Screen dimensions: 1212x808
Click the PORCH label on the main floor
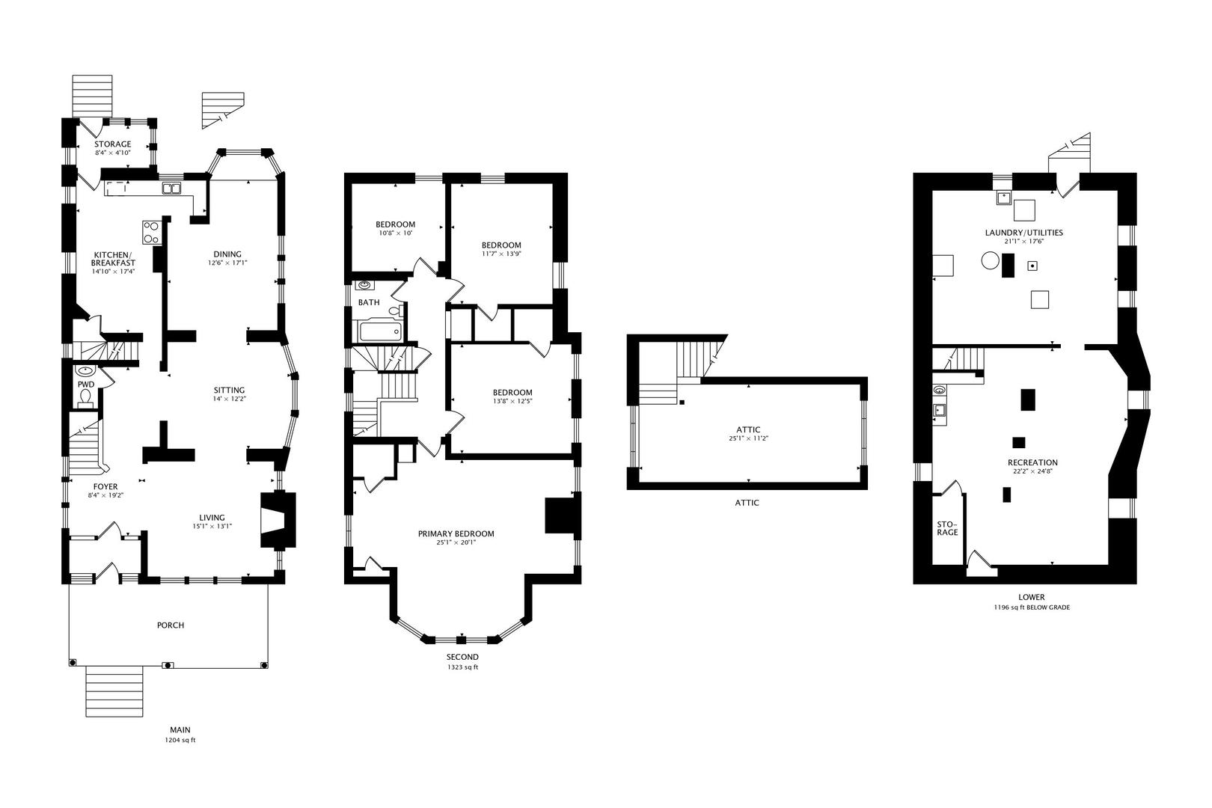point(171,625)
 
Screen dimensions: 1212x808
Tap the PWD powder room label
point(86,385)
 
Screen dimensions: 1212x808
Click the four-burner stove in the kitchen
point(152,232)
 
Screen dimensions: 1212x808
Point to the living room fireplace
point(278,519)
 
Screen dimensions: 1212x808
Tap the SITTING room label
point(229,391)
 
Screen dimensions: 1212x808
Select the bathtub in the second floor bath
point(380,331)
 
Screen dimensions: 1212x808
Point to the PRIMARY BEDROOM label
point(456,533)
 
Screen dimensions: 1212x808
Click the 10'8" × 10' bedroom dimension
point(396,233)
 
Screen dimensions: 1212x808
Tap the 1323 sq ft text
point(462,667)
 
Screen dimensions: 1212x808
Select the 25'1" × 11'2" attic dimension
point(749,438)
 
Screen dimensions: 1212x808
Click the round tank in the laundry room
point(990,261)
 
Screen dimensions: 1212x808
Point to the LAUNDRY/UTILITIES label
point(1023,233)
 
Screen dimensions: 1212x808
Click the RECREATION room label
point(1032,462)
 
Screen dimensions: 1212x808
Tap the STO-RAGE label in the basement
point(947,528)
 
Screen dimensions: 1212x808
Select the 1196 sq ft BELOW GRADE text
point(1032,607)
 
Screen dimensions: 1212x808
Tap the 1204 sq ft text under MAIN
point(180,740)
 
